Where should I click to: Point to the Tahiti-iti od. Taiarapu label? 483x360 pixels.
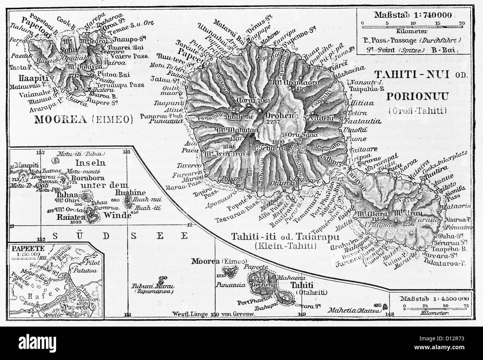[273, 236]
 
